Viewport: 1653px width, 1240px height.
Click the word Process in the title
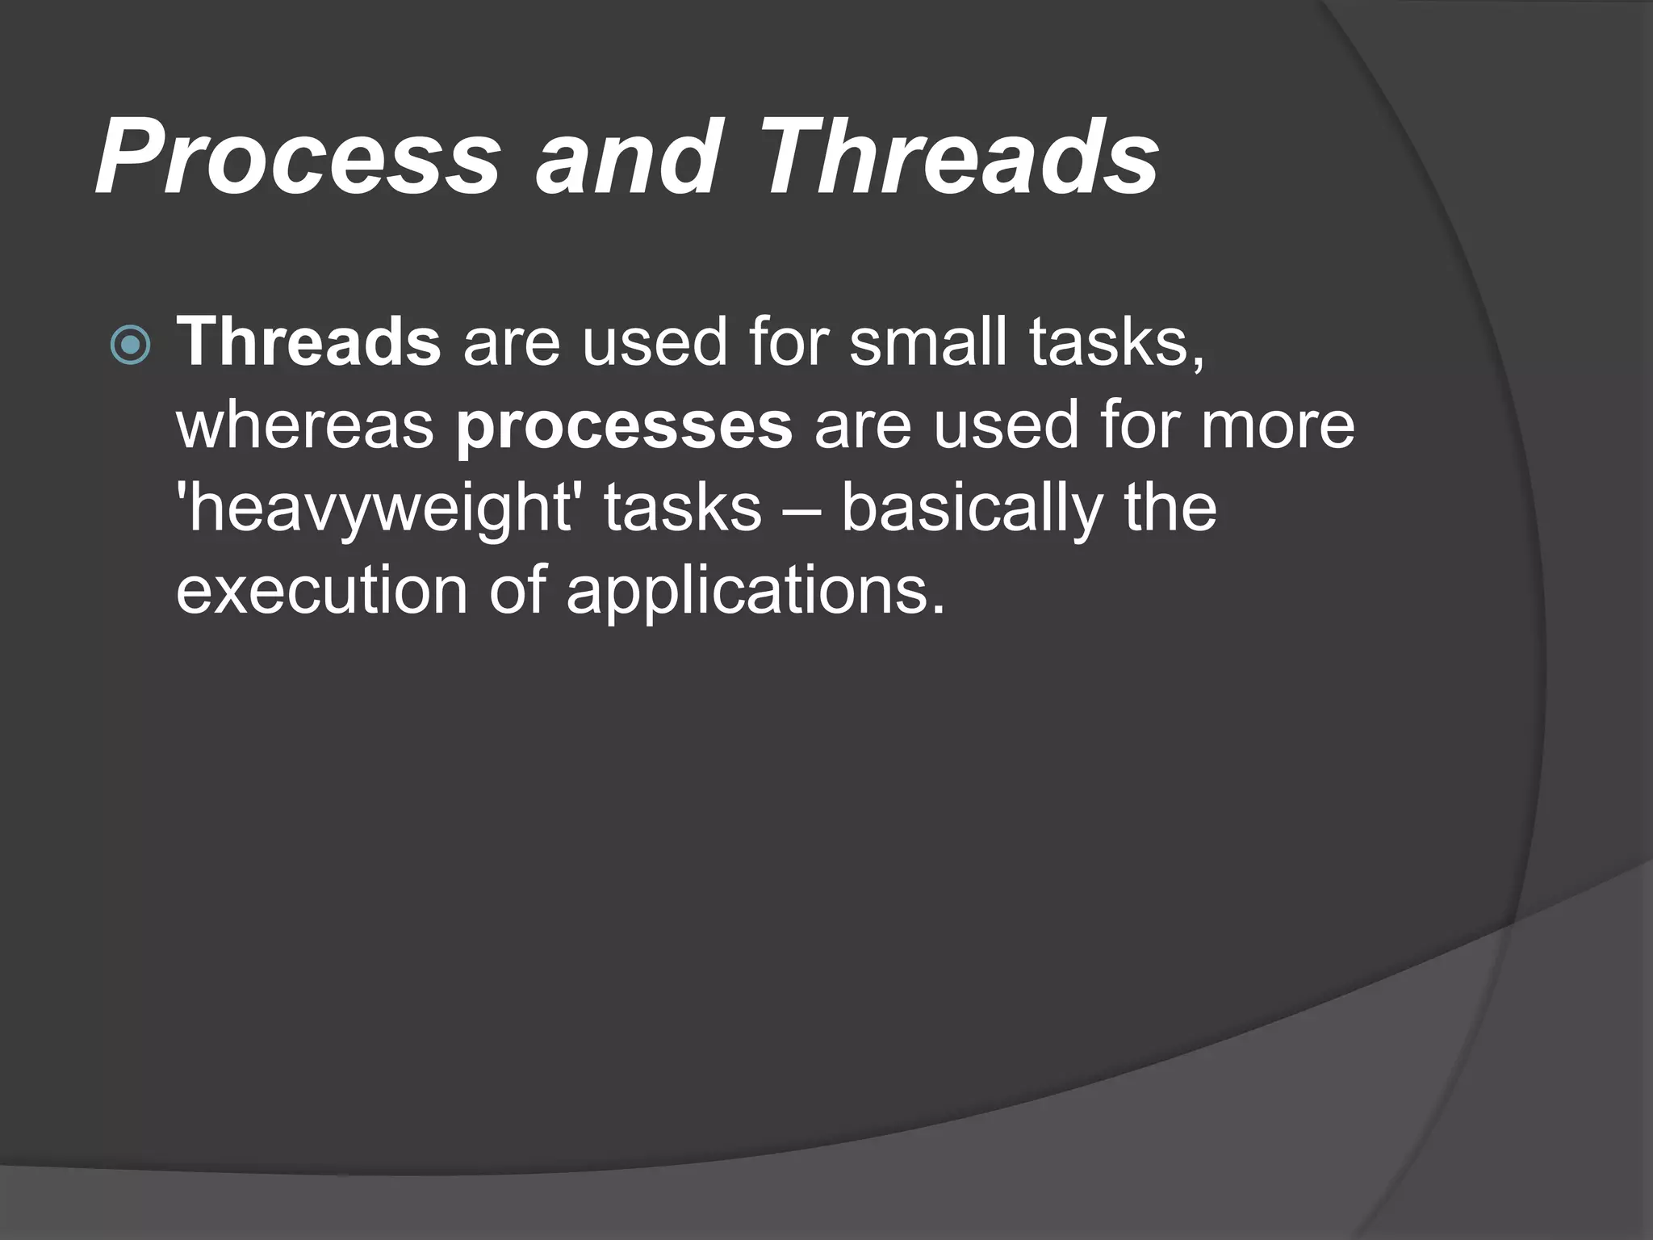[297, 157]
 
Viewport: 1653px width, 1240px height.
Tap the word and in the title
[626, 157]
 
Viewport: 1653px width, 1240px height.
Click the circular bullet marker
[129, 346]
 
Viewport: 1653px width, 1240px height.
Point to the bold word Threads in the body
[308, 342]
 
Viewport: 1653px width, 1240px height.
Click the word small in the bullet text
[927, 342]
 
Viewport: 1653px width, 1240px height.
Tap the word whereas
[306, 426]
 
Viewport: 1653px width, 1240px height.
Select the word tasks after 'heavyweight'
[682, 509]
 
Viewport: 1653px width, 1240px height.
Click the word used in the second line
[1006, 426]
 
